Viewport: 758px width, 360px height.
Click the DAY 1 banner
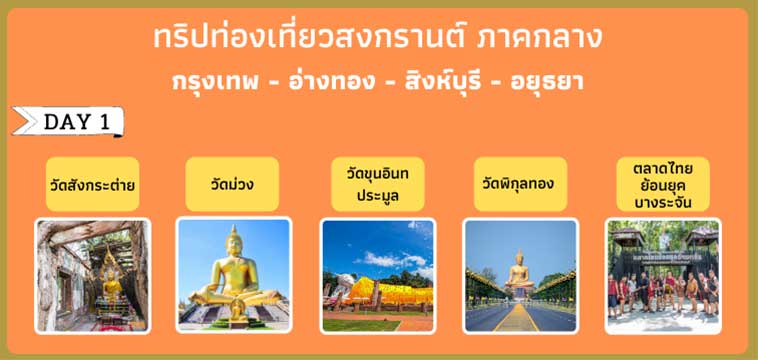pos(70,122)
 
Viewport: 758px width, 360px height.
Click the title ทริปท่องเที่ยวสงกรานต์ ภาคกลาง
pos(378,38)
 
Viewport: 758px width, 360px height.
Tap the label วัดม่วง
pos(232,185)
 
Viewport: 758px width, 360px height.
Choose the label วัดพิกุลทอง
pos(518,184)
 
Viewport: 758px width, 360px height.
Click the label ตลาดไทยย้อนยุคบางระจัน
pos(663,185)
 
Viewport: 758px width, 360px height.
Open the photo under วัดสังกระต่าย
pos(93,276)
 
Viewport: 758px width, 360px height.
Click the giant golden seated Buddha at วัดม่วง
pos(233,270)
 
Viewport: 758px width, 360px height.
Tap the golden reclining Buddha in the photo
pos(385,293)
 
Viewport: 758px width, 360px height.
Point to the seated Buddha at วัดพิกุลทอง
pos(520,272)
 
